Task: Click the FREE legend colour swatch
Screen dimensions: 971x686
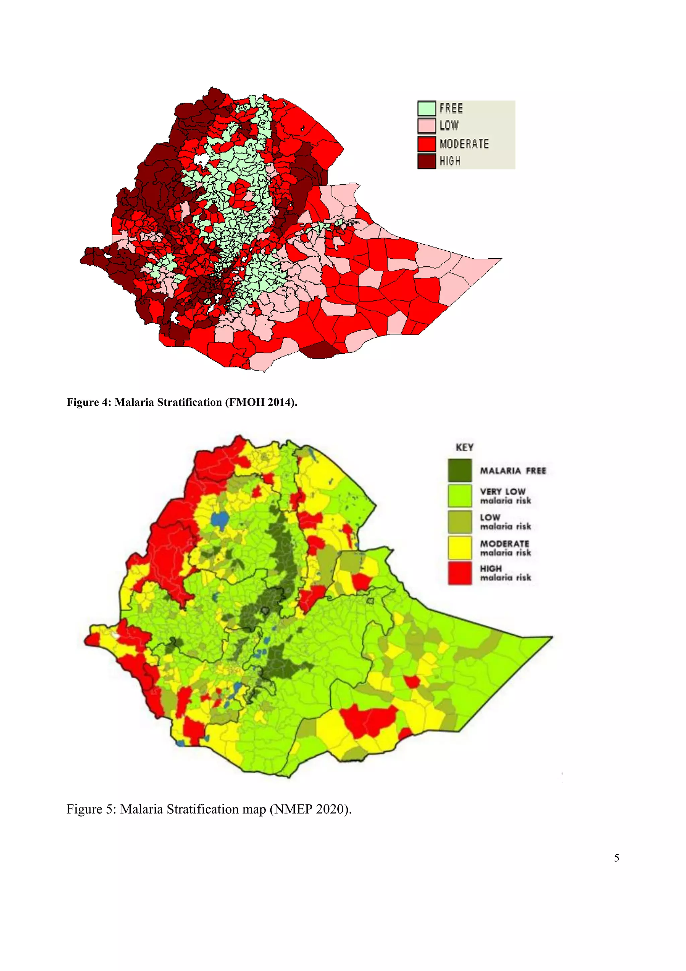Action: [x=426, y=108]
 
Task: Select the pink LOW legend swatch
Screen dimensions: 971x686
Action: [x=426, y=126]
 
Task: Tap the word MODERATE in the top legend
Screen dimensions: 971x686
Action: [x=464, y=144]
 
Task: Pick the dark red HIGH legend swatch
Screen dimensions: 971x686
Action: [x=426, y=161]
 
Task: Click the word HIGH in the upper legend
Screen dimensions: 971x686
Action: [x=450, y=161]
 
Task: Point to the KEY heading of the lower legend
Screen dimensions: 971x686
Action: [x=464, y=447]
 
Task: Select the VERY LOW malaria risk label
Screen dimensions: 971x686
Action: [x=505, y=496]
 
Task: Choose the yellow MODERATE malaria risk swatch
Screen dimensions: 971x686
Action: [x=460, y=548]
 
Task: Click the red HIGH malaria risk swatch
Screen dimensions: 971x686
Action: [x=460, y=573]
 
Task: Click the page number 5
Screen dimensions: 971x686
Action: [x=616, y=858]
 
